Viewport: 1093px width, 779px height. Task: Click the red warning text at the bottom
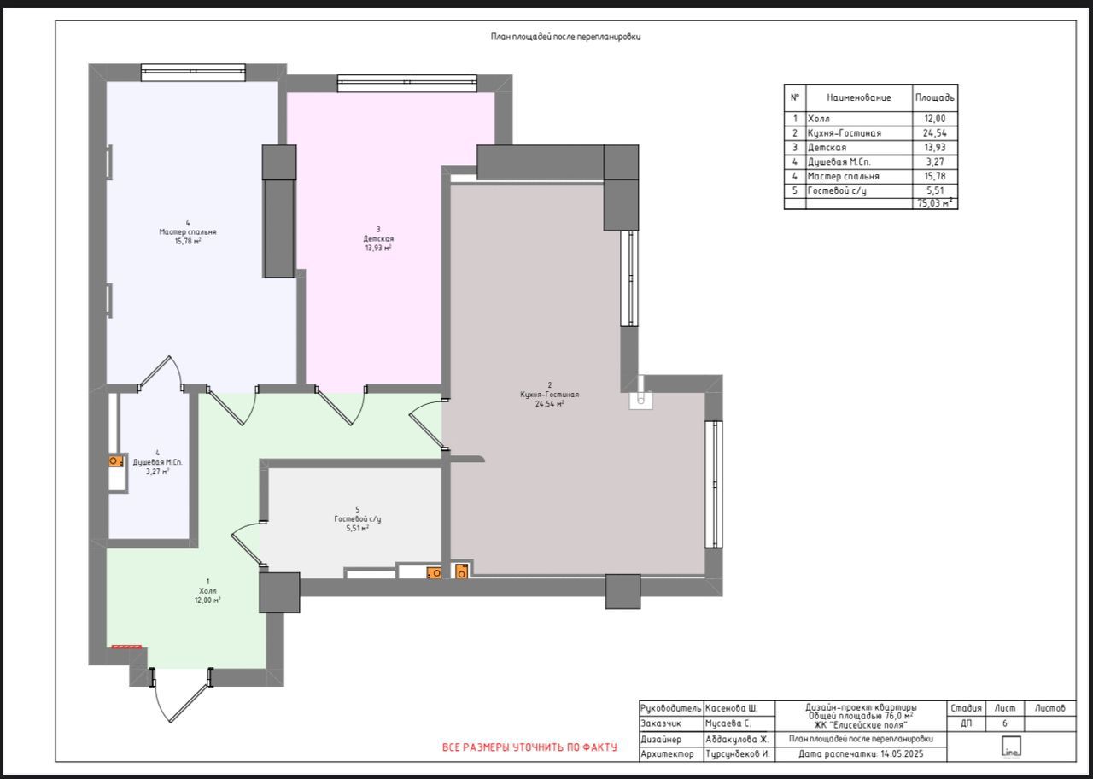point(529,747)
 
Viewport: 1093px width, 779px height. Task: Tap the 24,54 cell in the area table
point(934,132)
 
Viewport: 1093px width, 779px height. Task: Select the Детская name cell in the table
point(859,148)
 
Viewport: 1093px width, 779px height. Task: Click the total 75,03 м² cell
point(934,203)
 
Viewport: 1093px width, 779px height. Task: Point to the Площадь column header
point(934,97)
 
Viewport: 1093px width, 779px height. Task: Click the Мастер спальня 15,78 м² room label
point(188,231)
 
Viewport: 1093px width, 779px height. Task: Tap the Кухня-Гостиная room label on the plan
point(549,395)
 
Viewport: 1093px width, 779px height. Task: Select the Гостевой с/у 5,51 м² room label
point(357,518)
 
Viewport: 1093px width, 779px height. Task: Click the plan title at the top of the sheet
point(565,37)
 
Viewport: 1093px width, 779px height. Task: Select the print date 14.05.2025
point(902,753)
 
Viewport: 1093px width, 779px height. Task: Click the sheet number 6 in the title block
point(1005,723)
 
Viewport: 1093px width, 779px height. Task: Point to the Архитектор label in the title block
point(667,753)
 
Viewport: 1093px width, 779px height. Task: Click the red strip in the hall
point(127,647)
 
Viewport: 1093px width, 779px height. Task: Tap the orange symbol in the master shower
point(115,461)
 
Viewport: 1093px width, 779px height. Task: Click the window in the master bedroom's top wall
point(193,73)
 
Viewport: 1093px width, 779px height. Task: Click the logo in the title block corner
point(1011,747)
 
